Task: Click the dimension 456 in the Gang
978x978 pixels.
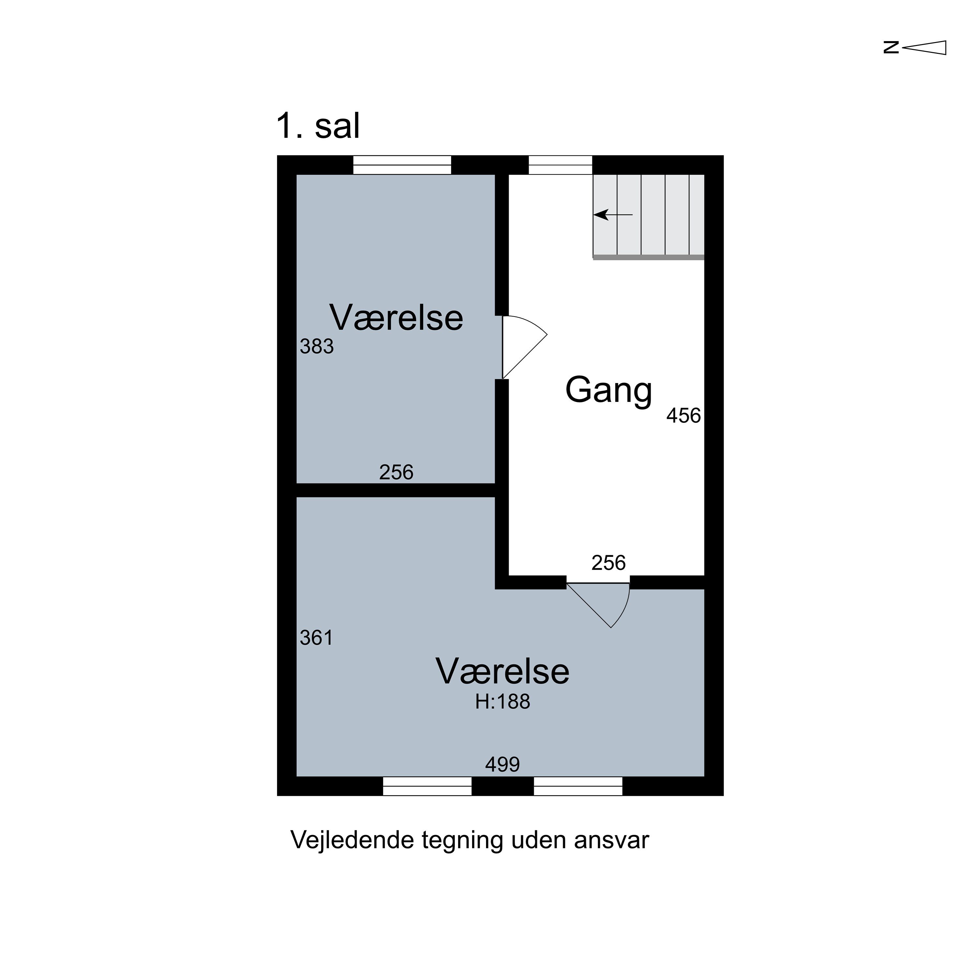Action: coord(683,416)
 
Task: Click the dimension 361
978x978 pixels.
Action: coord(316,638)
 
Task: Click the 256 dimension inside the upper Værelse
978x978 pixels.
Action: coord(396,472)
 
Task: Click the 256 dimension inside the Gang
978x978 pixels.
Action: coord(608,563)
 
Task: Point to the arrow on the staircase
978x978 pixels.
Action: coord(613,215)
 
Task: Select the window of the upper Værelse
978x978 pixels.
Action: coord(402,165)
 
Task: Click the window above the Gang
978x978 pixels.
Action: coord(560,165)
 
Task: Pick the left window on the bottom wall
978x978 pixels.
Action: coord(427,786)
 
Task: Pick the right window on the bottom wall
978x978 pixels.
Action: coord(578,786)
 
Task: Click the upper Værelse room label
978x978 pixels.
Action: coord(396,318)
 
